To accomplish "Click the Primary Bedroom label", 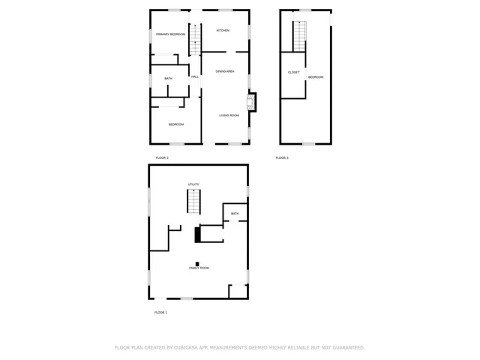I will [x=170, y=34].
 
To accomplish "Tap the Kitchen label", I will [x=223, y=30].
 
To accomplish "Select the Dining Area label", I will [x=225, y=71].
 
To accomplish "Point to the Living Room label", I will [x=229, y=115].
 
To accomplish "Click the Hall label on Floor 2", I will [x=194, y=77].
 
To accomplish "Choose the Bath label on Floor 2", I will [x=168, y=79].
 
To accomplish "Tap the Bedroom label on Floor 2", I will [x=175, y=124].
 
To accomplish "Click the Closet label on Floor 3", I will [x=293, y=72].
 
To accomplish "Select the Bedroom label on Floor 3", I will [x=315, y=77].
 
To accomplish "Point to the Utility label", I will [x=193, y=184].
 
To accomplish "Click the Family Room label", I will [x=199, y=268].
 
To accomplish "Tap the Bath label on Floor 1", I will [x=235, y=214].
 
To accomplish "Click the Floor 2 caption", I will [x=162, y=157].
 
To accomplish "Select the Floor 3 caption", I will [x=281, y=157].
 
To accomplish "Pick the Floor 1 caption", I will [x=160, y=312].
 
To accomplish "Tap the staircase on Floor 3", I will [x=299, y=36].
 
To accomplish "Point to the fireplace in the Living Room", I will [x=253, y=101].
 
